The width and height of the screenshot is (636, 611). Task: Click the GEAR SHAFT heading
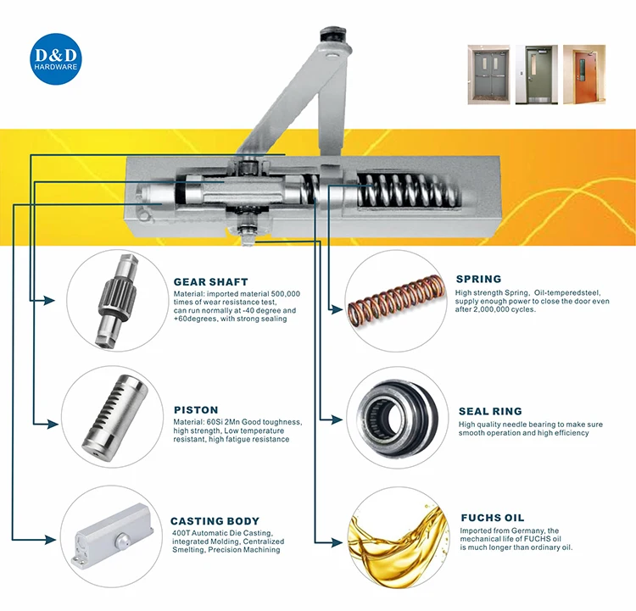[x=210, y=281]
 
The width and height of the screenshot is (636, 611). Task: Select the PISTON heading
[x=196, y=409]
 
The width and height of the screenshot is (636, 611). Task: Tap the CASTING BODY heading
[x=215, y=521]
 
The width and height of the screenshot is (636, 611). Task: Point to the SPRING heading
[x=478, y=279]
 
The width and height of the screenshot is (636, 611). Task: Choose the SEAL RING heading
[x=490, y=411]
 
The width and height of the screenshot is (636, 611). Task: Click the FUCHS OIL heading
[x=492, y=518]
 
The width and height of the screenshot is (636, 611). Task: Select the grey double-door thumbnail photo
[x=488, y=75]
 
